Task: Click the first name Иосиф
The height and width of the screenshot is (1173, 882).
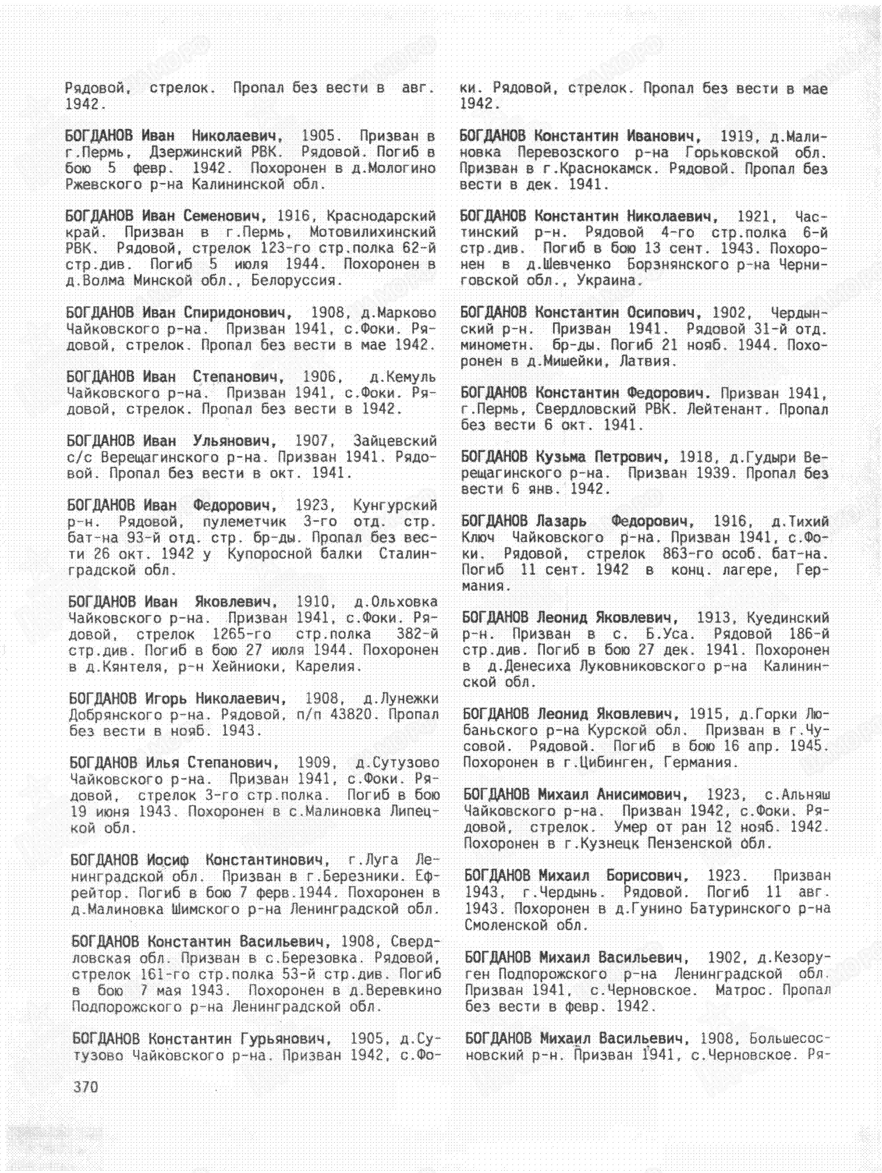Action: pos(171,859)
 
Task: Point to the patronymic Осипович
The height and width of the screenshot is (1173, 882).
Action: pos(665,312)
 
